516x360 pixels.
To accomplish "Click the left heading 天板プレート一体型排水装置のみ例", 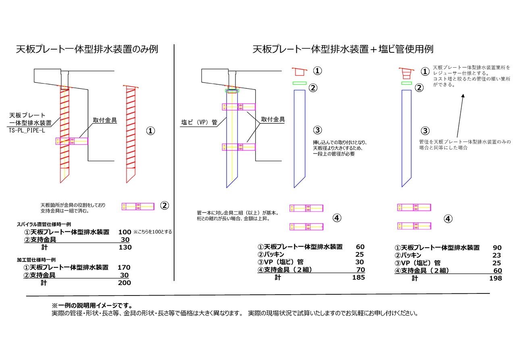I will (x=87, y=50).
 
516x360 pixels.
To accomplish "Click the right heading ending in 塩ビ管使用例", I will (x=343, y=50).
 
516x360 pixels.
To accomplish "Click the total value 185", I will (x=358, y=277).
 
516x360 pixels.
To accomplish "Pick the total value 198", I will (x=495, y=278).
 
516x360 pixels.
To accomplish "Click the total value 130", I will (x=125, y=247).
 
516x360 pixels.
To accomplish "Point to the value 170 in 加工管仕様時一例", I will (x=124, y=267).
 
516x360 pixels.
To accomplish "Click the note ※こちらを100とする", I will (x=153, y=232).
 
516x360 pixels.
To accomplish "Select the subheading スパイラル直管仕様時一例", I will (x=38, y=224).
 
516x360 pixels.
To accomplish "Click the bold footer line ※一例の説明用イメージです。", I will (x=92, y=306).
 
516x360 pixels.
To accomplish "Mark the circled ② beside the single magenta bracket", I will (x=164, y=206).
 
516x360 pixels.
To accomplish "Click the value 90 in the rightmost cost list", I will (x=497, y=248).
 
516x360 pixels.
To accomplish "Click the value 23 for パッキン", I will (x=497, y=255).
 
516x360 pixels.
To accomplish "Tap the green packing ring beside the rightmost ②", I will (x=406, y=83).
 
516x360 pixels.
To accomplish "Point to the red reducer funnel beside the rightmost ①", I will (x=406, y=73).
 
